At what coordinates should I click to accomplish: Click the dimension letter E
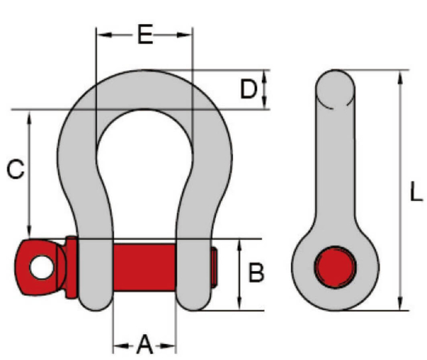click(x=145, y=34)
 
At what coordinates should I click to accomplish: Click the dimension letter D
click(x=248, y=89)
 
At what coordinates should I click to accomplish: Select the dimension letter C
click(x=15, y=170)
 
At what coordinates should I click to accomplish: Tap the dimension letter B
click(x=256, y=273)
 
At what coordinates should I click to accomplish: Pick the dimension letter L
click(x=416, y=194)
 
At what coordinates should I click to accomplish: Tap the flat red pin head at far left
click(x=27, y=267)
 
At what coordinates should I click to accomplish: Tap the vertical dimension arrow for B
click(x=239, y=273)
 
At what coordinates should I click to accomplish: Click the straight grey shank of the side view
click(x=335, y=167)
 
